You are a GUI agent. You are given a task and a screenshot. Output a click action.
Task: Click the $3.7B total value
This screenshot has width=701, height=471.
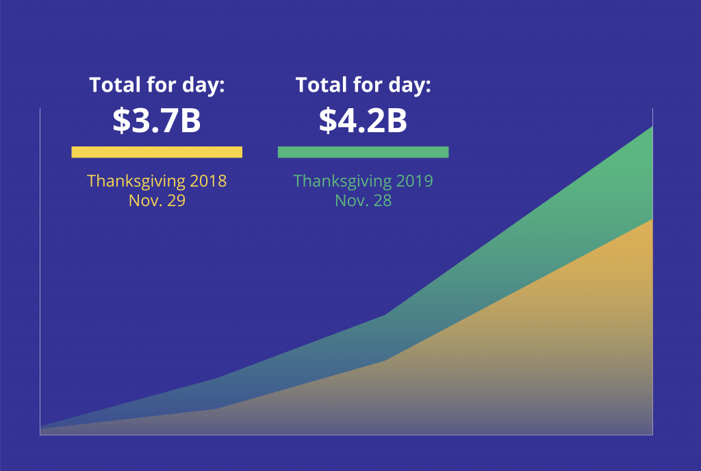pos(157,120)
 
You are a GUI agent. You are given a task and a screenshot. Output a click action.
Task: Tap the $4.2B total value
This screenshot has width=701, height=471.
pos(363,120)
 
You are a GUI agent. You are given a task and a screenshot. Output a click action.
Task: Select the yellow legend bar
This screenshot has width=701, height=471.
pos(157,152)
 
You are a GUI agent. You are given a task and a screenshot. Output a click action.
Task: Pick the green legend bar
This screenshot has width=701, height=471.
pos(363,152)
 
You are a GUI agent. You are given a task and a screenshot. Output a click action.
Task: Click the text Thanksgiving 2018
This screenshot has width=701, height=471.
pos(157,181)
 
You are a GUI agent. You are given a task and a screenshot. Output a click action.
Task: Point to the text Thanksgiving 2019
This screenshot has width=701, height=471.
pos(363,181)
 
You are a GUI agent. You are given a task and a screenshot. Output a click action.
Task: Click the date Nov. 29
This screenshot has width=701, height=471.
pos(157,201)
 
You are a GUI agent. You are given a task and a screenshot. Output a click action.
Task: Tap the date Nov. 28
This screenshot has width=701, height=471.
pos(364,201)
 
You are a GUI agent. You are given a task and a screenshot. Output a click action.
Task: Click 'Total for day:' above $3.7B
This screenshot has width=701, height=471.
pos(157,85)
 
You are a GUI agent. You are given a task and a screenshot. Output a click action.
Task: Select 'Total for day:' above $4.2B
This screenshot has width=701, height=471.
pos(363,85)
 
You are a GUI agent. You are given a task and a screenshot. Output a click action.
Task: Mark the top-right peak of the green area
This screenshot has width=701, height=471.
pos(652,127)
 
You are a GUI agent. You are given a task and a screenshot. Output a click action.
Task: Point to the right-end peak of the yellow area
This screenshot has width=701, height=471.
pos(652,219)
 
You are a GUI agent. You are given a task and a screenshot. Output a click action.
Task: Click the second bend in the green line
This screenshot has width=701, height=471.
pos(385,315)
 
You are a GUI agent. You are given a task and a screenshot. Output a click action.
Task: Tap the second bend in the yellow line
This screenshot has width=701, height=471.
pos(385,361)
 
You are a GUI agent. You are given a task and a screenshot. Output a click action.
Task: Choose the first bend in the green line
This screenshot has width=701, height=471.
pos(217,379)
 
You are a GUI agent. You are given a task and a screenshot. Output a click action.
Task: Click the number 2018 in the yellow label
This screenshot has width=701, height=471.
pos(208,181)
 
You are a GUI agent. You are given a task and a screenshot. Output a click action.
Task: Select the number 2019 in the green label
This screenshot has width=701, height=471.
pos(414,181)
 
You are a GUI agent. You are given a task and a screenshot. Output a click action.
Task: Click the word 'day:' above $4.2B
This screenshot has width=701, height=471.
pos(410,86)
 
